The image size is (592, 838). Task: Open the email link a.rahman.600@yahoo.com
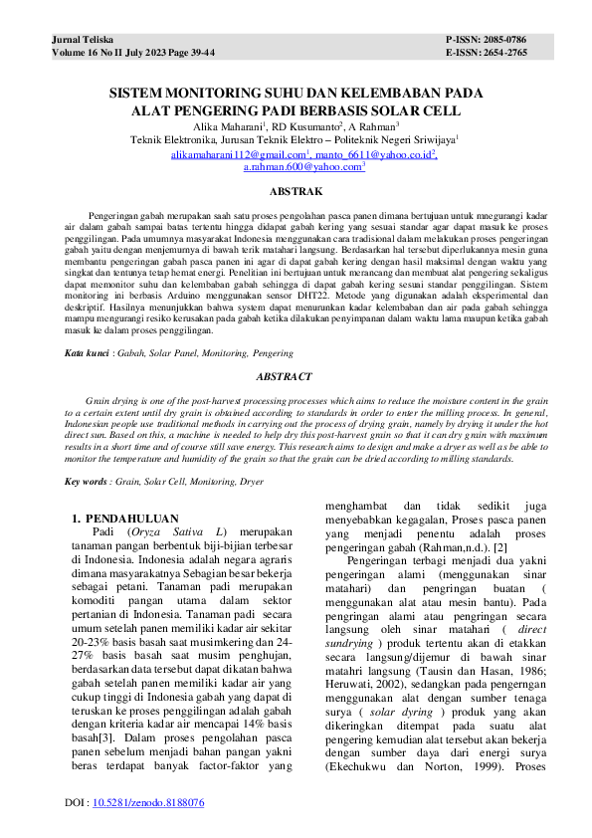click(x=302, y=169)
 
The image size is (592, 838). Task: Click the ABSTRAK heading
click(x=296, y=190)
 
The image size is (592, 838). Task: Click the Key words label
click(x=87, y=482)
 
